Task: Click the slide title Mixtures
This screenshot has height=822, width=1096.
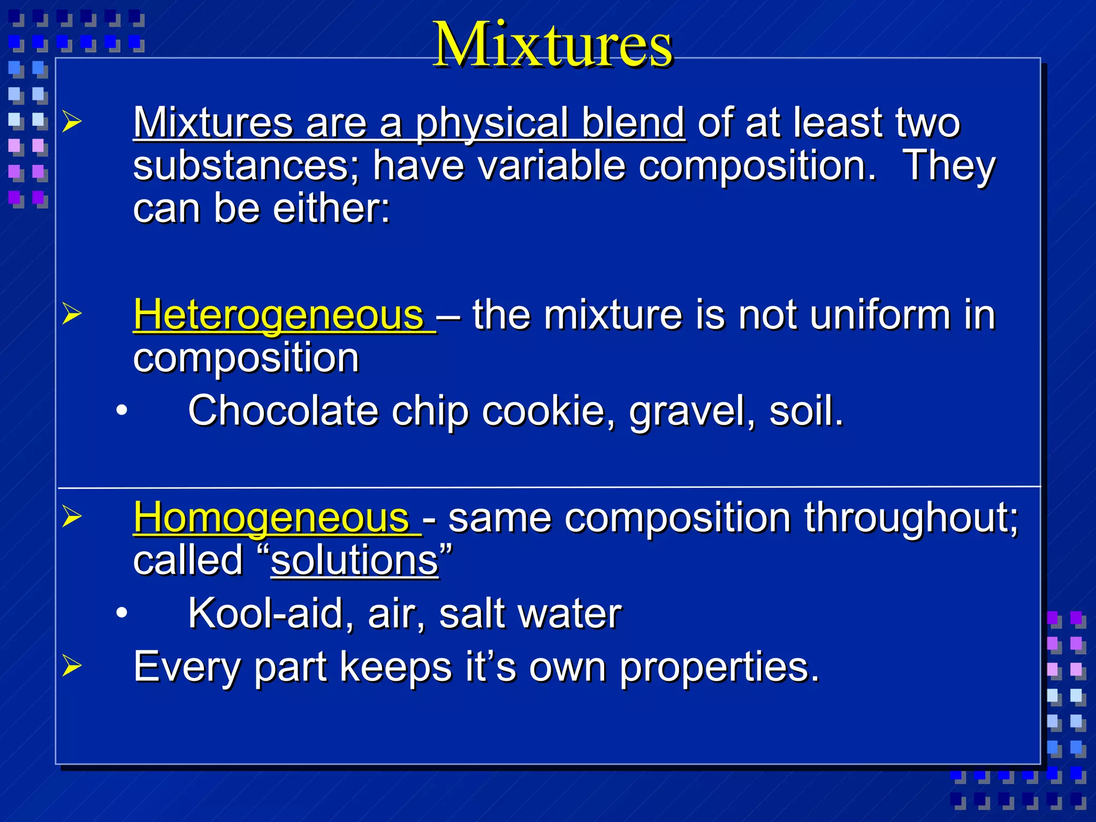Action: tap(552, 45)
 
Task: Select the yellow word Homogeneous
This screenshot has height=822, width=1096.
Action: tap(271, 518)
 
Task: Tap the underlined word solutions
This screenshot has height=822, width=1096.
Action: tap(354, 561)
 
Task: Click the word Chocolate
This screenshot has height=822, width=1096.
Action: tap(283, 411)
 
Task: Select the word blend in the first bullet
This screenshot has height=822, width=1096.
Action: tap(633, 123)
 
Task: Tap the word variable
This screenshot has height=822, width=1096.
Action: tap(551, 166)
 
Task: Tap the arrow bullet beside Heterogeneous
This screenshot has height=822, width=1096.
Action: tap(72, 314)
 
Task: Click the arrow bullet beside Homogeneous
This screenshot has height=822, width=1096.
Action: tap(72, 516)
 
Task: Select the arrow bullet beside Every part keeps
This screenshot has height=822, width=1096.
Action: tap(72, 666)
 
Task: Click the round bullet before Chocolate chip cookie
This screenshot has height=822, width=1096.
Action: tap(122, 411)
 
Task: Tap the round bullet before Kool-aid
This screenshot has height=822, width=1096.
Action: tap(122, 613)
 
